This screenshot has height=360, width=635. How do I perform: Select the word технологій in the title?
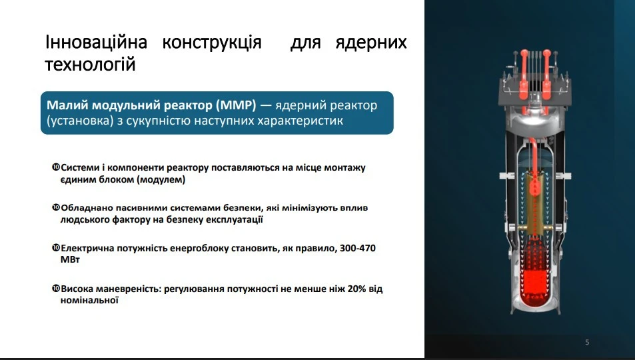point(90,65)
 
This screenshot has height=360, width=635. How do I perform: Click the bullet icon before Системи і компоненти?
point(55,167)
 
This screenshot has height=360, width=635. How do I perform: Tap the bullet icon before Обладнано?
point(55,207)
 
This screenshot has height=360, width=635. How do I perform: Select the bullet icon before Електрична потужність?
point(55,247)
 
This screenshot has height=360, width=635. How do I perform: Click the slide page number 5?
point(587,343)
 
